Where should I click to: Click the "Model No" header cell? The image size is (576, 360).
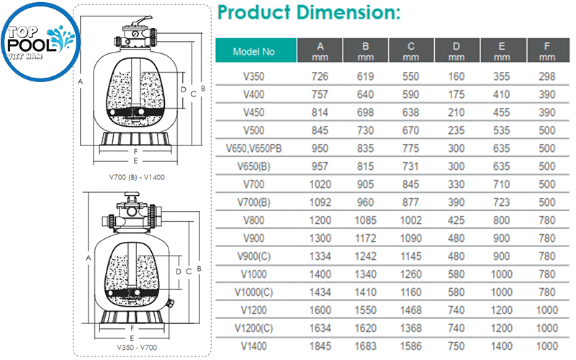(256, 52)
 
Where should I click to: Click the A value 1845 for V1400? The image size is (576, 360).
(320, 346)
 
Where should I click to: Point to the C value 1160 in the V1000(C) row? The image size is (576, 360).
(410, 292)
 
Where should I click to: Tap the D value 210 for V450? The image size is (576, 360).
(456, 112)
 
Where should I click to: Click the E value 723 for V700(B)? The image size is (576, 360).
(502, 202)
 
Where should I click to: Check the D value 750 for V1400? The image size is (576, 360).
(456, 346)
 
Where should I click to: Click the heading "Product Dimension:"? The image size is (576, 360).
(308, 13)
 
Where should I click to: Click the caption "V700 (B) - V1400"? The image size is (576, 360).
(132, 177)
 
